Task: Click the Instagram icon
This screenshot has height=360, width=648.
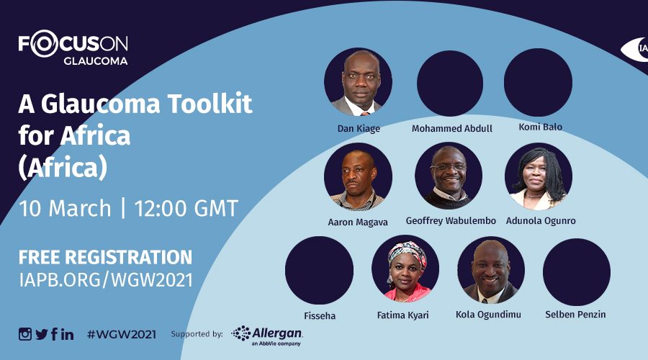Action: (x=24, y=334)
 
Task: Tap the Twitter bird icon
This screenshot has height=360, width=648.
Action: (x=41, y=334)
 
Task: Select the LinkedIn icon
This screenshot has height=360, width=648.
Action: (x=68, y=334)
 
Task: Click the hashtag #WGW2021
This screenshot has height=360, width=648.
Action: (x=122, y=334)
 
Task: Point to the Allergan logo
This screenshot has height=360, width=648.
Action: (x=267, y=336)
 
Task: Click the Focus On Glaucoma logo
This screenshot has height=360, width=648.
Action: (x=73, y=48)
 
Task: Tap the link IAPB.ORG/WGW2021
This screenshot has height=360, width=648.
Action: (x=106, y=280)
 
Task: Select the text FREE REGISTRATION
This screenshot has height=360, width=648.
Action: (x=105, y=257)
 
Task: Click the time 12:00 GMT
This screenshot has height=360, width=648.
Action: (x=186, y=208)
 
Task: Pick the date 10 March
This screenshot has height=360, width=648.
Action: (x=65, y=208)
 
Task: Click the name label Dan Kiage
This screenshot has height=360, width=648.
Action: (x=359, y=129)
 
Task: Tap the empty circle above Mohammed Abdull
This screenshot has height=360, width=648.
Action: (x=450, y=83)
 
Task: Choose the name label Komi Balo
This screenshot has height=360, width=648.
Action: (x=541, y=127)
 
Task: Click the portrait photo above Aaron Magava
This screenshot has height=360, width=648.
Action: (x=358, y=177)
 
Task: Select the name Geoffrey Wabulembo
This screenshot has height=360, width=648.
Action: (x=451, y=221)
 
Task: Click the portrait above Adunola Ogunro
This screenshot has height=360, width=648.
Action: (x=539, y=176)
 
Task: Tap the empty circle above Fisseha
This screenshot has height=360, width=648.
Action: (x=319, y=270)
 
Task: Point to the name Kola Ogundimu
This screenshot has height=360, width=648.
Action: (x=488, y=315)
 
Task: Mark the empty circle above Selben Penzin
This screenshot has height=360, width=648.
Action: (x=577, y=272)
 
